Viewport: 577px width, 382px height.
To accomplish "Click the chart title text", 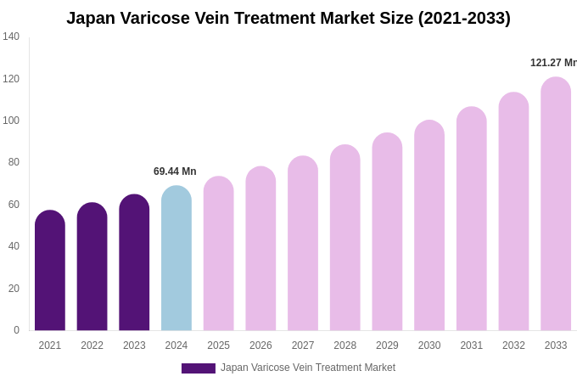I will coord(288,18).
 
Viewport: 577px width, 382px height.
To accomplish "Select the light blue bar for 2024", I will coord(176,259).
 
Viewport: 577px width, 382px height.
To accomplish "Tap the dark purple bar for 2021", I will coord(50,272).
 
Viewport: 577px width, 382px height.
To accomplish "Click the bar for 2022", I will coord(92,267).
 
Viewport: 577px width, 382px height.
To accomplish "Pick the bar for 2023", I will coord(134,263).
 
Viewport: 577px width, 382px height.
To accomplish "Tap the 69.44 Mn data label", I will coord(175,171).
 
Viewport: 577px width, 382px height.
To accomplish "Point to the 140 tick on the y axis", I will coord(11,37).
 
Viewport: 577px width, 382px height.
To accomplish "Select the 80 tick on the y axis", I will coord(14,162).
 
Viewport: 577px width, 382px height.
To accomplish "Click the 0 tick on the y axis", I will coord(16,330).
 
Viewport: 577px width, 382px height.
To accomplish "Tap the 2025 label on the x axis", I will coord(218,345).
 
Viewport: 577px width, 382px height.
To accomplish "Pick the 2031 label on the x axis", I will coord(471,345).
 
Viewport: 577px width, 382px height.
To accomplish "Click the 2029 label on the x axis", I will coord(387,345).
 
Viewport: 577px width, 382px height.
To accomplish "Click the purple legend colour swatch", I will coord(198,368).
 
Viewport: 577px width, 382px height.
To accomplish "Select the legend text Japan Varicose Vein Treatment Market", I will coord(308,368).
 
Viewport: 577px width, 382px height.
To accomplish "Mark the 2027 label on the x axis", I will coord(303,345).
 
